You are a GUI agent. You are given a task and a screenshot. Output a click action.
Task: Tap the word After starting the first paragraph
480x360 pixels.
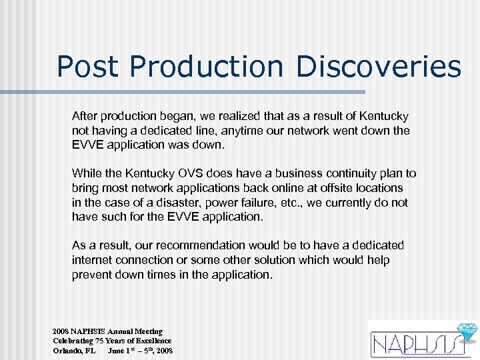87,116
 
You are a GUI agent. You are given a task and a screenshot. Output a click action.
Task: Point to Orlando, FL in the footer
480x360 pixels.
75,350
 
